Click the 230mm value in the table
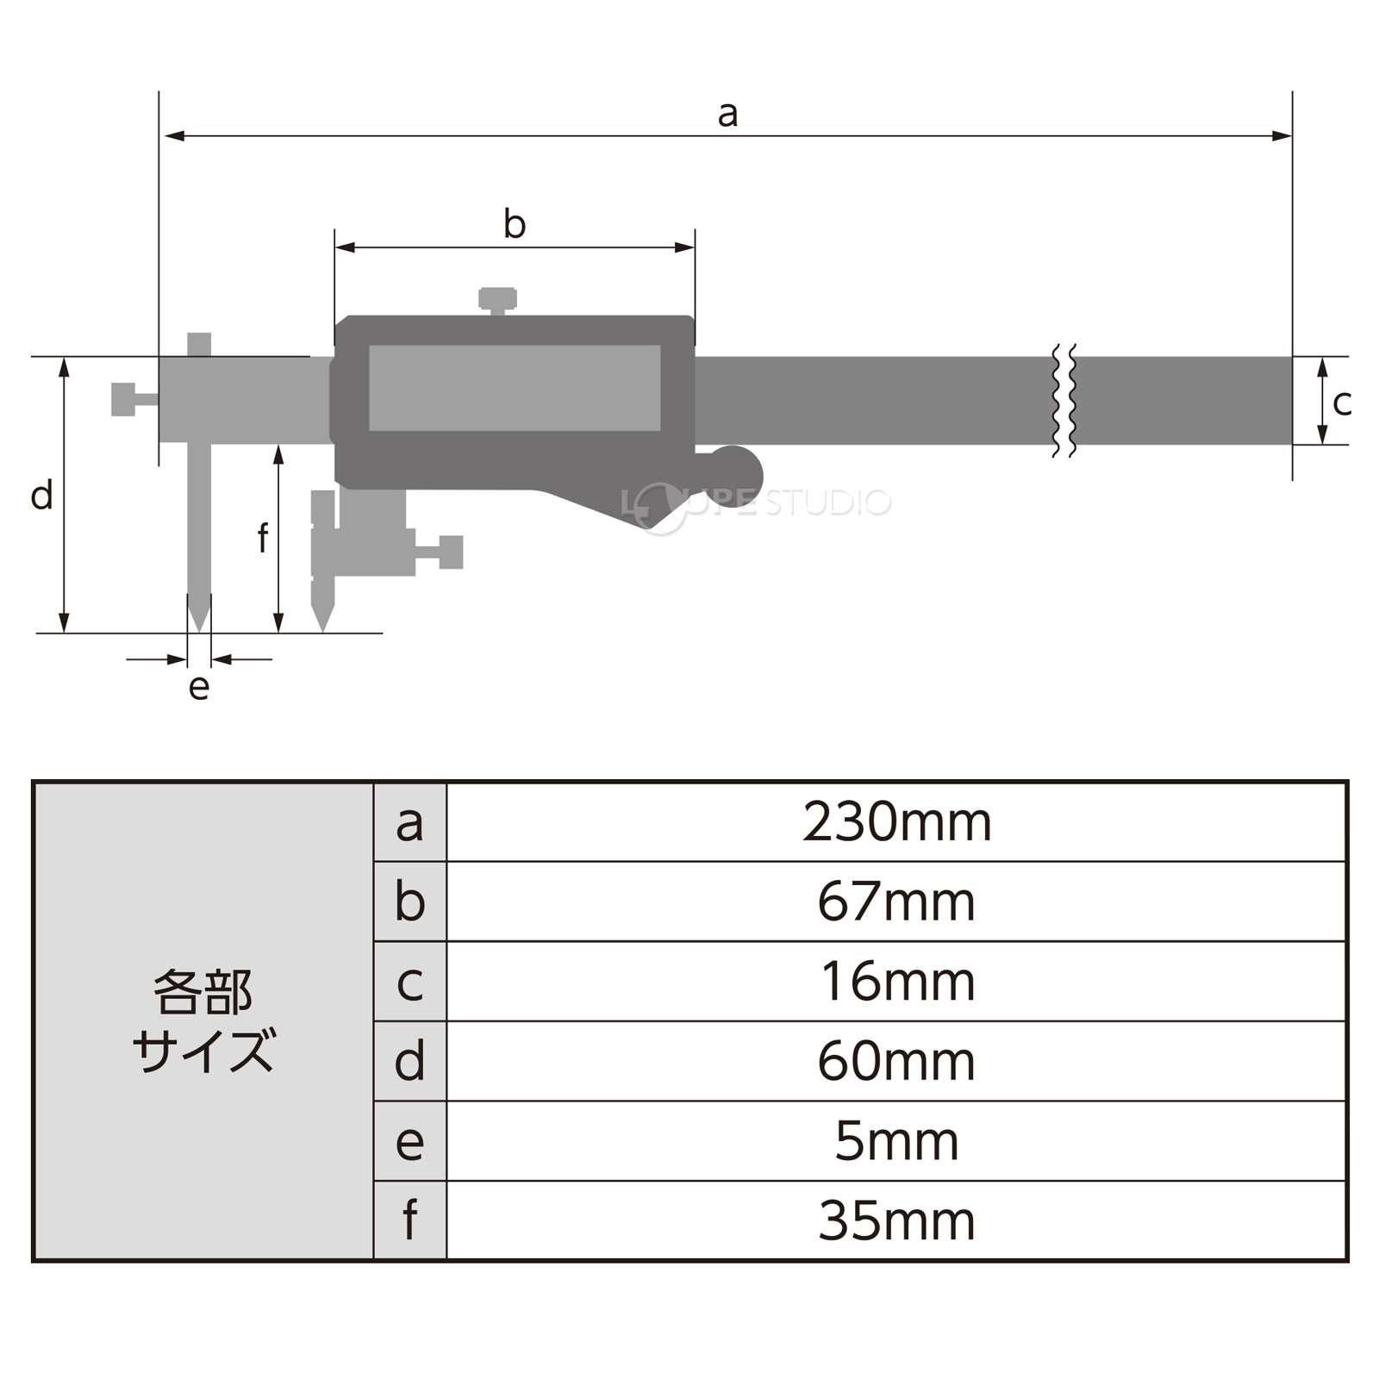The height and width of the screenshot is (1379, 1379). click(897, 822)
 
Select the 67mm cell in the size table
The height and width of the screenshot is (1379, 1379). click(897, 902)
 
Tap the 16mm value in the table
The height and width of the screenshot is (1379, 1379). click(897, 982)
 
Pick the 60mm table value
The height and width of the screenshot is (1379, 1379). click(897, 1062)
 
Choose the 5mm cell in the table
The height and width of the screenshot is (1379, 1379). click(897, 1141)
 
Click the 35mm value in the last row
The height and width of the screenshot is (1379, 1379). click(897, 1221)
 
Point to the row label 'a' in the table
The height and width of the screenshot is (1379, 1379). click(410, 824)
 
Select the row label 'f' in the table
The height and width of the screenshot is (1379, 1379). click(410, 1220)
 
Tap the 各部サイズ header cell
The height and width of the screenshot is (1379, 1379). click(203, 1021)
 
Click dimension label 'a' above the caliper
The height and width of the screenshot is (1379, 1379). click(728, 114)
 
